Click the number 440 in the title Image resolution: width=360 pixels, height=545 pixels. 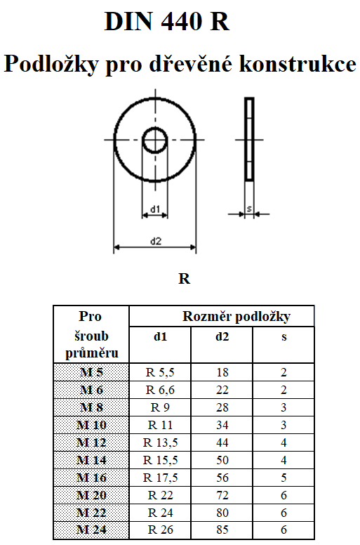click(181, 22)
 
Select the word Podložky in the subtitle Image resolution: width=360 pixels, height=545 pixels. click(51, 65)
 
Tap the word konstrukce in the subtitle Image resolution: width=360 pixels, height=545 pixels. click(298, 64)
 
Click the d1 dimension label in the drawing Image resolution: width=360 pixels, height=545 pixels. click(155, 209)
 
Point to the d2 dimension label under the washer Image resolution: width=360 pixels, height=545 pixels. click(156, 241)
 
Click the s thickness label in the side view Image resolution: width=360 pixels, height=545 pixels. click(249, 209)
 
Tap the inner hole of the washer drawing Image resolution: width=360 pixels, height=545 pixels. click(155, 140)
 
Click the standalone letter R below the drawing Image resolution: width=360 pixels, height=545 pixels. click(184, 279)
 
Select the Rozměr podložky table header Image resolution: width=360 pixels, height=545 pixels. click(236, 316)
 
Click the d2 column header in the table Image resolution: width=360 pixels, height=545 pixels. click(222, 336)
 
